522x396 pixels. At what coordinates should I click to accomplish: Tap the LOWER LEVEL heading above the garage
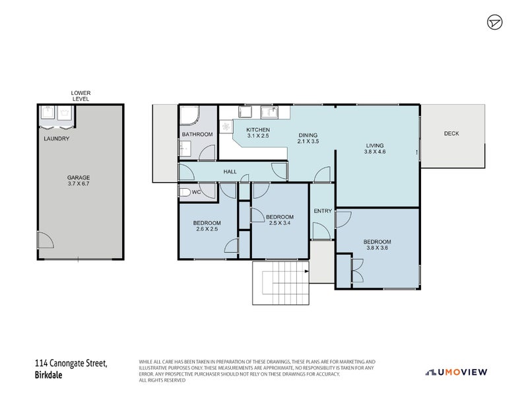point(81,96)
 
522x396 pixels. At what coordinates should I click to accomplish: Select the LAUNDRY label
point(56,139)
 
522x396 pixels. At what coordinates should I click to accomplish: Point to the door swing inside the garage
point(45,240)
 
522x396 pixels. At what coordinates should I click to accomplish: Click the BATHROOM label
point(197,135)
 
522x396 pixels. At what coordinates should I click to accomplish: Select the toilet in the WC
point(186,193)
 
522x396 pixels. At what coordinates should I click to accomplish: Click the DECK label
point(451,133)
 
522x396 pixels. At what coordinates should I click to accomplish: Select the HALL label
point(230,172)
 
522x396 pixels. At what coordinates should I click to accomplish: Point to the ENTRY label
point(322,211)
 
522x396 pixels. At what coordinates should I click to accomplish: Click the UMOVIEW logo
point(457,372)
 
